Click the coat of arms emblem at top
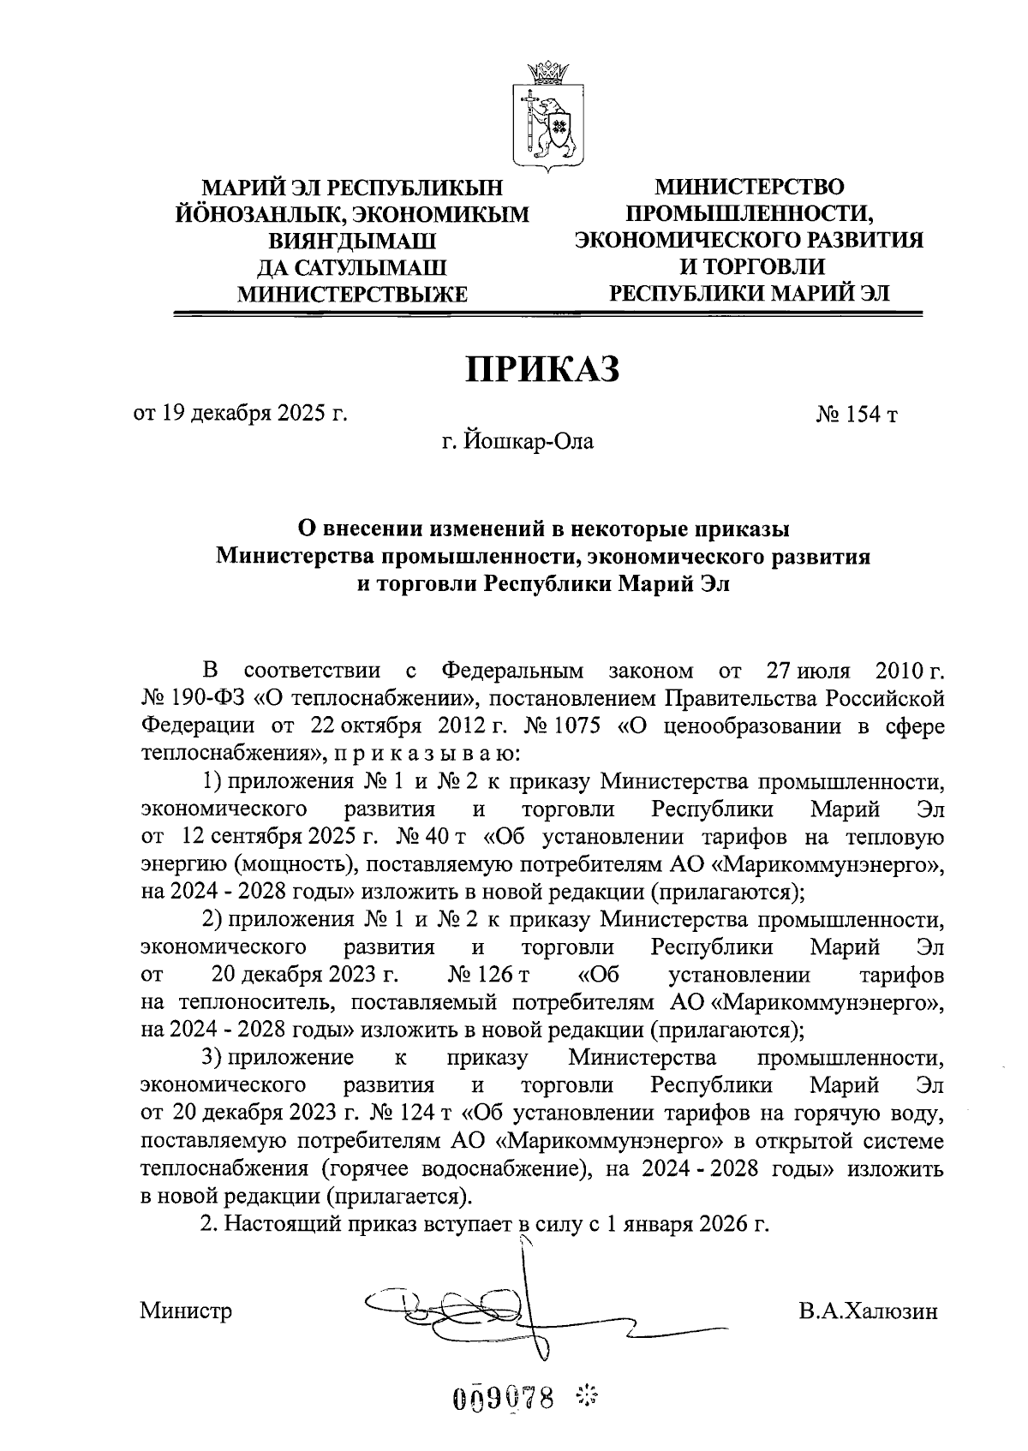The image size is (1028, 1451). [x=548, y=114]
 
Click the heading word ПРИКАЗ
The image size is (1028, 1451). [x=541, y=369]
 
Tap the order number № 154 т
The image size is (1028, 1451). [x=857, y=415]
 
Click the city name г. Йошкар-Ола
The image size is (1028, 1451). [x=517, y=442]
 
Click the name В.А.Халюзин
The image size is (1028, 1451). [x=866, y=1311]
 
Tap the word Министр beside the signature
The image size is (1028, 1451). [x=187, y=1311]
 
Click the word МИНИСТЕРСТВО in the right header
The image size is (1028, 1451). [x=749, y=186]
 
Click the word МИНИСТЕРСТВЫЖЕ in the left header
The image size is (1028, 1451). [x=352, y=295]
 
